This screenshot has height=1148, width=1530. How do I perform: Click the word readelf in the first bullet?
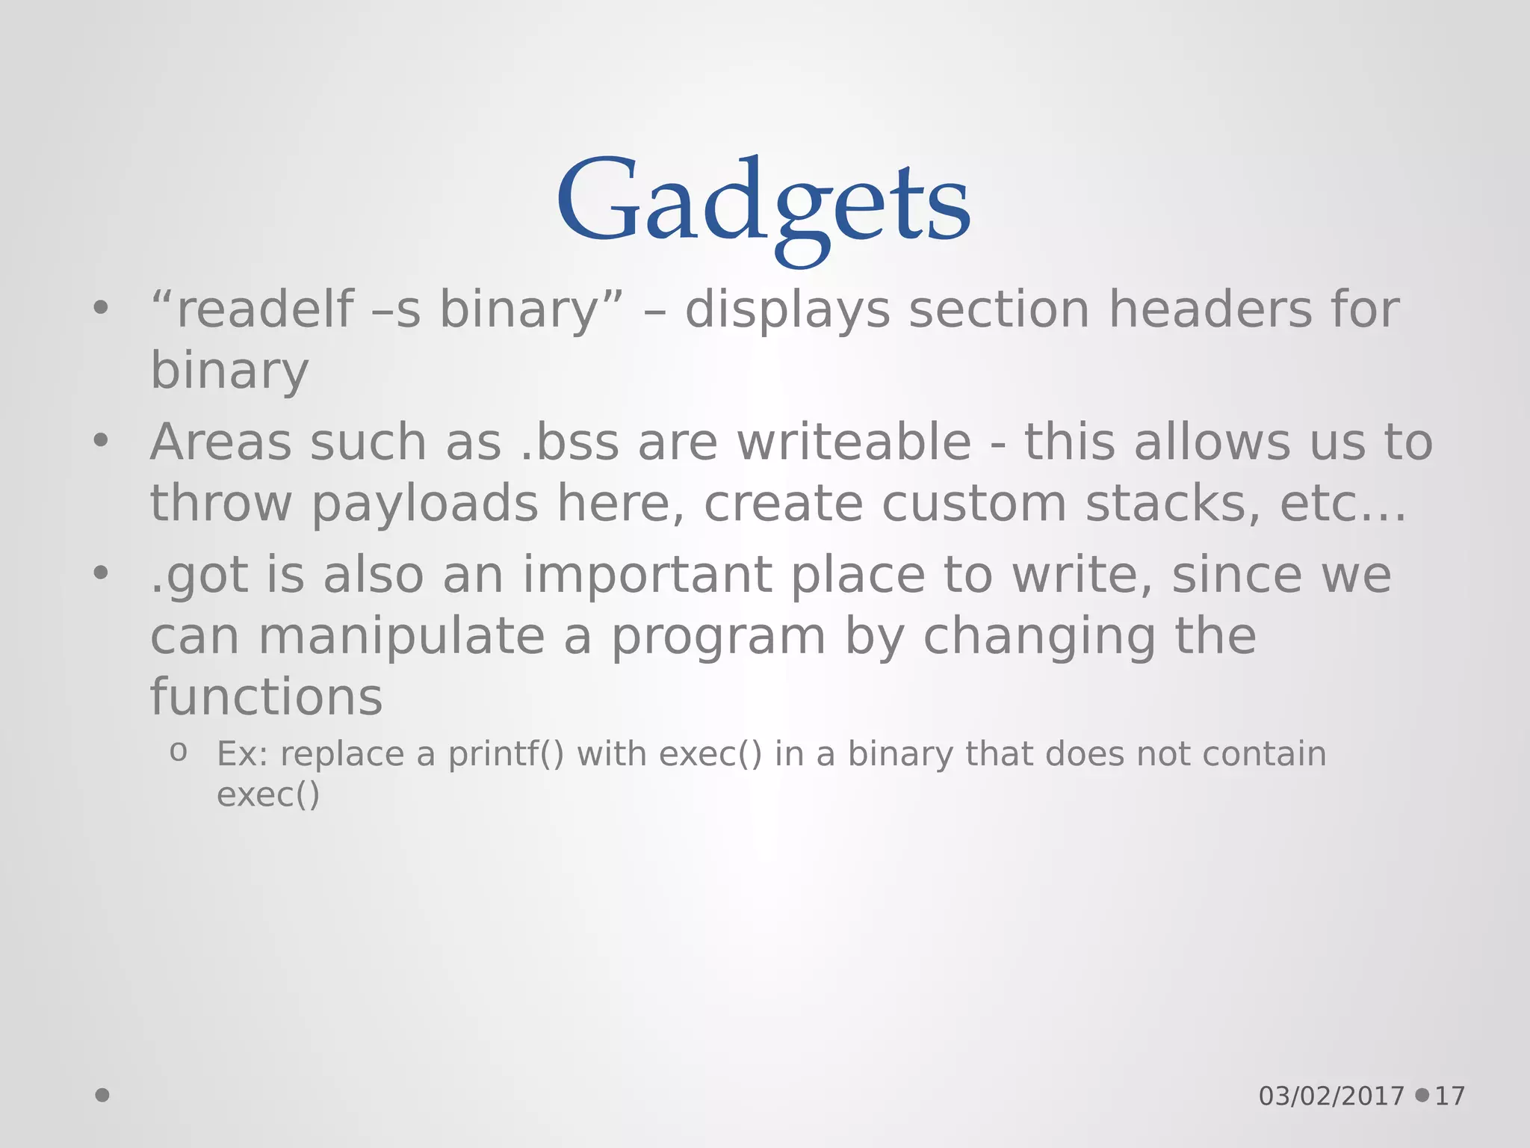click(264, 309)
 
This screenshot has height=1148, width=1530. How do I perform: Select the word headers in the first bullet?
click(1209, 309)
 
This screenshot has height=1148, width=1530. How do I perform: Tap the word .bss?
click(569, 442)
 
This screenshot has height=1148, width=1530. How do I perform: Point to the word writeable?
click(854, 442)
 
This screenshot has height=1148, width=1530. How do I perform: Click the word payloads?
click(424, 503)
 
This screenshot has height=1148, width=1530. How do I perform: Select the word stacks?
click(1173, 503)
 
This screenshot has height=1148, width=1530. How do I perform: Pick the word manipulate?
click(400, 637)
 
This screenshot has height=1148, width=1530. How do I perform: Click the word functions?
click(267, 697)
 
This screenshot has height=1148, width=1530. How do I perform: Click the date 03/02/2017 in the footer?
click(1331, 1096)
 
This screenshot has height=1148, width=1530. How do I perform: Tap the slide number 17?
click(1450, 1096)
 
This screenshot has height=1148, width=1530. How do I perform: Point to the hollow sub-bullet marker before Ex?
click(178, 752)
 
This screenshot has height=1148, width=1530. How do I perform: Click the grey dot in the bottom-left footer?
click(102, 1095)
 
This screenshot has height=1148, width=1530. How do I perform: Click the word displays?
click(787, 309)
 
